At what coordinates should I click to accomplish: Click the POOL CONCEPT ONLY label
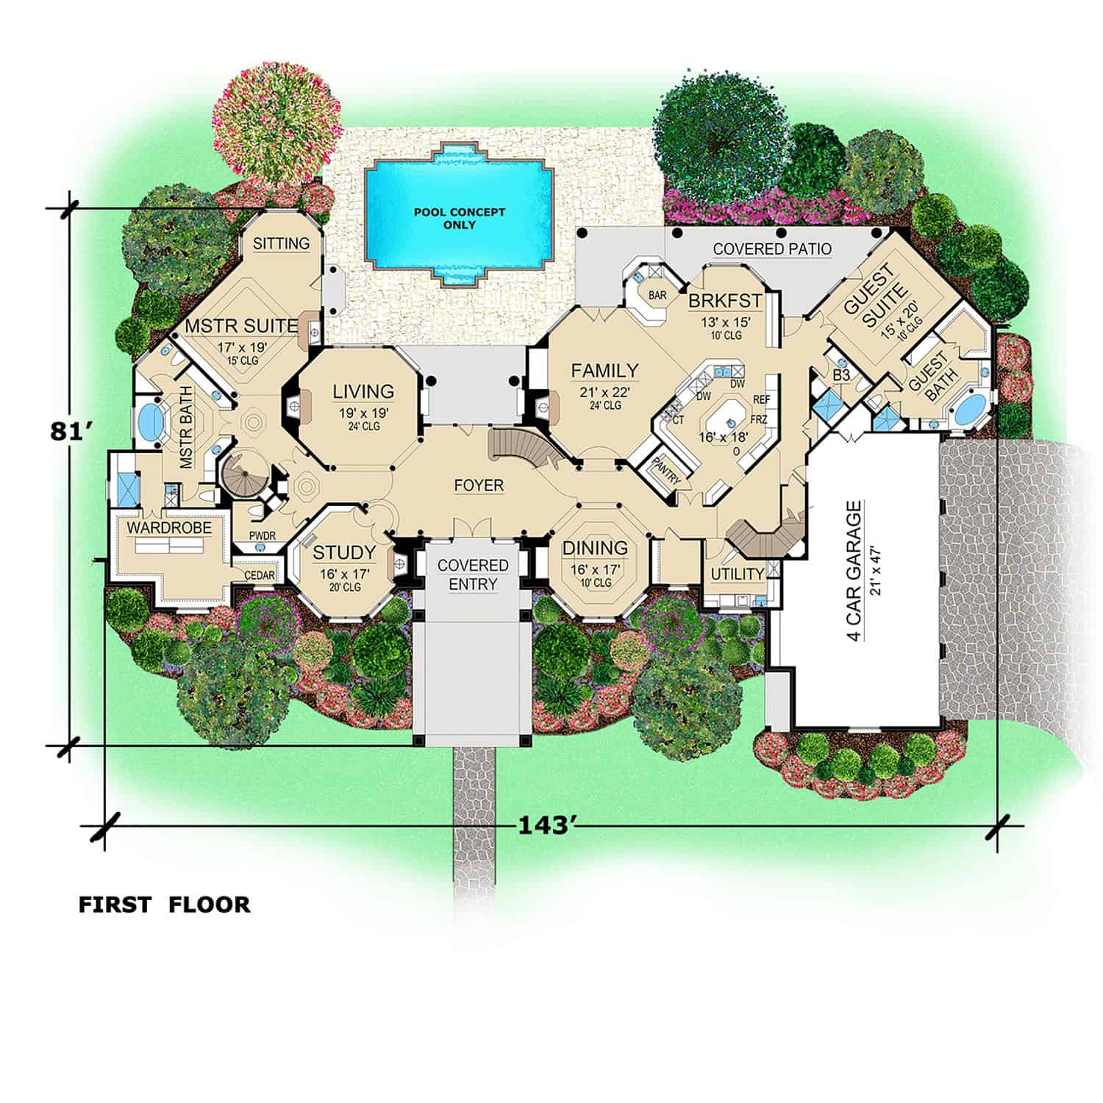(x=459, y=218)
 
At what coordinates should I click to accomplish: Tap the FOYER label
(x=479, y=485)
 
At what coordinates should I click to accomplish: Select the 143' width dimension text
(x=544, y=826)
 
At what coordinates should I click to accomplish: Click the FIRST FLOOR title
(x=165, y=904)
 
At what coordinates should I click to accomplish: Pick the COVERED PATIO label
(x=772, y=249)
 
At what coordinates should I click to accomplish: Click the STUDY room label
(x=344, y=552)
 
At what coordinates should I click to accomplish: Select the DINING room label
(x=595, y=548)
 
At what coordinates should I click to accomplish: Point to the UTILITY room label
(x=738, y=574)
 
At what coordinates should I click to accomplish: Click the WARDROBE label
(x=169, y=528)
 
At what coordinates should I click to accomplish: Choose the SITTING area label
(x=281, y=243)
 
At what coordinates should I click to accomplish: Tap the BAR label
(x=657, y=295)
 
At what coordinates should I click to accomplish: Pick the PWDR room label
(x=262, y=536)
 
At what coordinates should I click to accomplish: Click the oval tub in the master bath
(x=151, y=422)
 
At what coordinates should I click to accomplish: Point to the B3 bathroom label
(x=841, y=376)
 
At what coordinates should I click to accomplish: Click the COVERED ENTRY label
(x=473, y=574)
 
